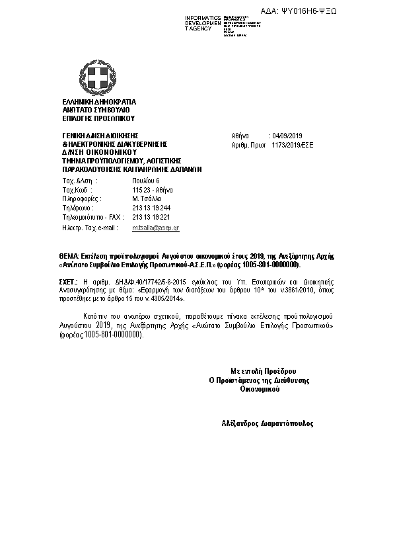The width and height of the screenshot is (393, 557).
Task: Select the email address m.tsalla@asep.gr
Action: pos(156,227)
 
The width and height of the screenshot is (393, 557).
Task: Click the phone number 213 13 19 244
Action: pos(151,208)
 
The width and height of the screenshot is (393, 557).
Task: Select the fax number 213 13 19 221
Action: pos(151,217)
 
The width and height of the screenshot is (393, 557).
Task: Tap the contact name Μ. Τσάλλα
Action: pos(147,198)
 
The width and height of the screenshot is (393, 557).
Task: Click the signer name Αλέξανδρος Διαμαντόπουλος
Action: pos(268,422)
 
